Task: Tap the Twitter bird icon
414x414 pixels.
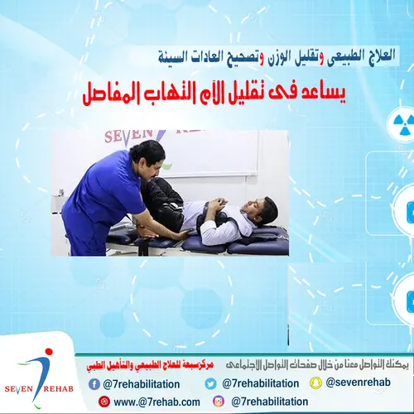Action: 210,383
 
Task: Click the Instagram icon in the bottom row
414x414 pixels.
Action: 218,402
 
